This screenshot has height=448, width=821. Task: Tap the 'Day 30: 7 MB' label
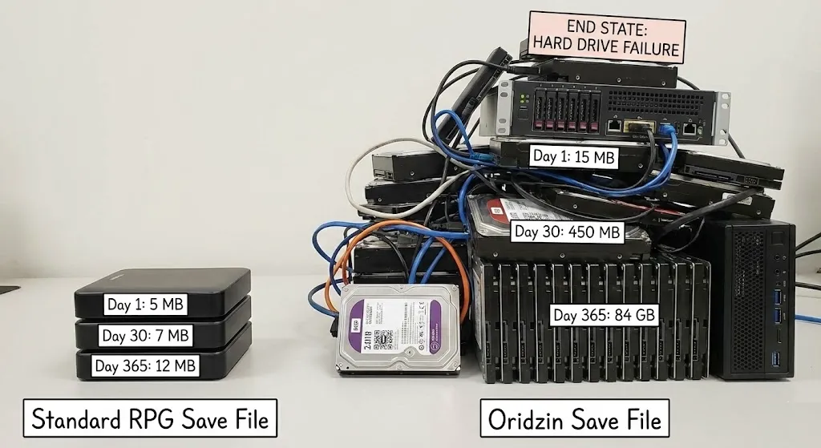[145, 335]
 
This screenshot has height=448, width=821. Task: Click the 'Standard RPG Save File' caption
[149, 418]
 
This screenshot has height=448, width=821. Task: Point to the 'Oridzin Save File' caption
[574, 418]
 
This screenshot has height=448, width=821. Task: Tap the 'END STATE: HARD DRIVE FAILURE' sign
[607, 38]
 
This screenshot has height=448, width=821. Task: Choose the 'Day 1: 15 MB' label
[574, 156]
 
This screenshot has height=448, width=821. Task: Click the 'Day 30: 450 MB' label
[567, 232]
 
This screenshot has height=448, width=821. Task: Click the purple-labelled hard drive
[399, 329]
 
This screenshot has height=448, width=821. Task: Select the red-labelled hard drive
[498, 211]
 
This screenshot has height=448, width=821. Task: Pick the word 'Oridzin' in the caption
[530, 418]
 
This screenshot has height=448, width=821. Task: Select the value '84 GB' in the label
[633, 315]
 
